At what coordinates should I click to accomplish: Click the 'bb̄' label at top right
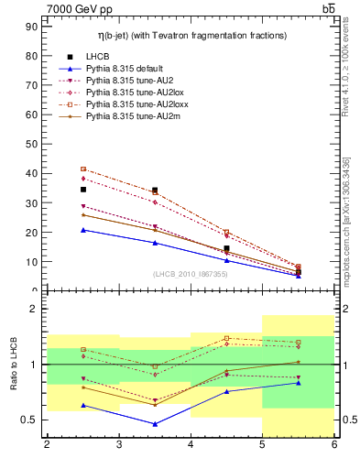pos(328,8)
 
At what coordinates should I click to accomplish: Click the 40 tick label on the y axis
pos(31,173)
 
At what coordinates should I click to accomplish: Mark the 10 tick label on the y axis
pos(31,261)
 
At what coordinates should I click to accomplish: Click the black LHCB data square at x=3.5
pos(155,191)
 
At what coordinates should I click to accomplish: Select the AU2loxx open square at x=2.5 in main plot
pos(83,169)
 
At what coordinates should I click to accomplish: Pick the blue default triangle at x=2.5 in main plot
pos(83,230)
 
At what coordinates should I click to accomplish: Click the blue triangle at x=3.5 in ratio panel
pos(155,424)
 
